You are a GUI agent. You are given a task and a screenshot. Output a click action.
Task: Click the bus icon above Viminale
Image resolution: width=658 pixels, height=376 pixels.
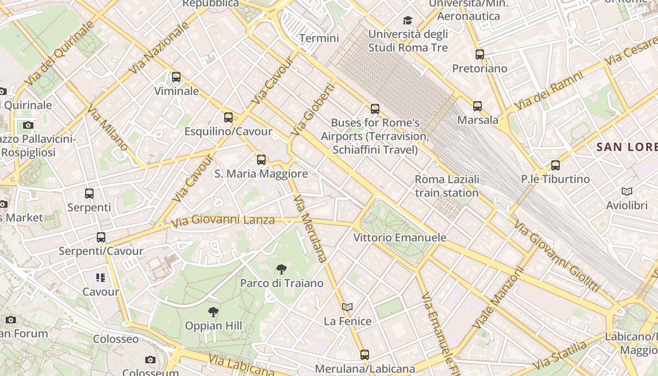(176, 77)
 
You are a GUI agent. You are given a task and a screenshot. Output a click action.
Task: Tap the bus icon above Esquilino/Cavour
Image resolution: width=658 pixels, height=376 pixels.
(228, 117)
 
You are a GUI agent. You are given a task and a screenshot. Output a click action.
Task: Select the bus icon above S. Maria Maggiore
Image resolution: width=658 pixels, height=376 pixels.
(261, 160)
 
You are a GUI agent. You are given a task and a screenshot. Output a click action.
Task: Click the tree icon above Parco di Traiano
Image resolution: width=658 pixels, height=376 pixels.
(282, 269)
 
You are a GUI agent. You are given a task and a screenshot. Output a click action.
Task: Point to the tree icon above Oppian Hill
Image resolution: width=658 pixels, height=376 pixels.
(213, 312)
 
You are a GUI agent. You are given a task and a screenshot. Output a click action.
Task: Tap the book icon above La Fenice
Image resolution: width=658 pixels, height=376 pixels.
(347, 307)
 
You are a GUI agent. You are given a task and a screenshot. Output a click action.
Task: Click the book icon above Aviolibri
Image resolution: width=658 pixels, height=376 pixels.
(627, 191)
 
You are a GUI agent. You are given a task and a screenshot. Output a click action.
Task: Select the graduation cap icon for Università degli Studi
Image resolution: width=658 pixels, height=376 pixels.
(407, 21)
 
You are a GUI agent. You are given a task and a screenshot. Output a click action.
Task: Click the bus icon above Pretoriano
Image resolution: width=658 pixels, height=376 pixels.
(480, 55)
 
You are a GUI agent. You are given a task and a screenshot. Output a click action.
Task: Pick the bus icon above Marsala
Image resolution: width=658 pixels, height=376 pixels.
(478, 106)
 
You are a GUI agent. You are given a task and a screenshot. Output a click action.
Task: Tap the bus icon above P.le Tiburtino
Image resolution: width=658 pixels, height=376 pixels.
(556, 165)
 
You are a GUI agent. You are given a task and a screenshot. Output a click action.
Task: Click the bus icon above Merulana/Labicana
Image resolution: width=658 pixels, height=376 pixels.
(365, 355)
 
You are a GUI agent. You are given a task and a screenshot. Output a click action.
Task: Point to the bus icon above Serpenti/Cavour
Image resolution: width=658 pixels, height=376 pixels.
(101, 237)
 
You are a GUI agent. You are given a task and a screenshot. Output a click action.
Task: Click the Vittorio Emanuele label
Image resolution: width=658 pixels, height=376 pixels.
(399, 237)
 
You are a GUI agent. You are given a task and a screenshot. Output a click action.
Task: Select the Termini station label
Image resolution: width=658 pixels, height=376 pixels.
(319, 38)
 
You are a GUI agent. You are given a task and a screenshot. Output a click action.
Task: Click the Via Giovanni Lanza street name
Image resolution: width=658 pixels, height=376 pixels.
(223, 220)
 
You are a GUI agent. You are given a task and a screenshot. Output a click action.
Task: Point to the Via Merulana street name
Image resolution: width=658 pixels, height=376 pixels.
(310, 228)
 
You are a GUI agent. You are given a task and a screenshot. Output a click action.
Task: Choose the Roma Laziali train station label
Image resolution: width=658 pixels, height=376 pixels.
(447, 186)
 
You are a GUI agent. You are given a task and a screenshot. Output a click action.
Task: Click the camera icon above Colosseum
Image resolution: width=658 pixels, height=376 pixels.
(150, 360)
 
